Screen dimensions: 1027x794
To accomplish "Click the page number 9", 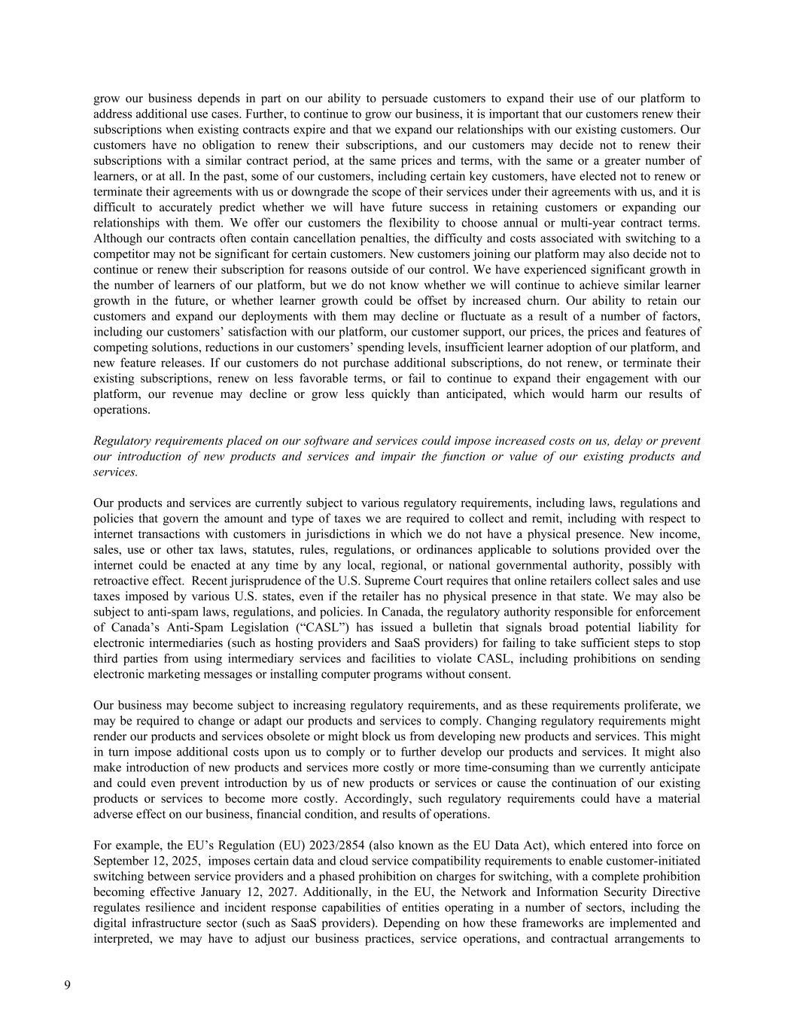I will (68, 986).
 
